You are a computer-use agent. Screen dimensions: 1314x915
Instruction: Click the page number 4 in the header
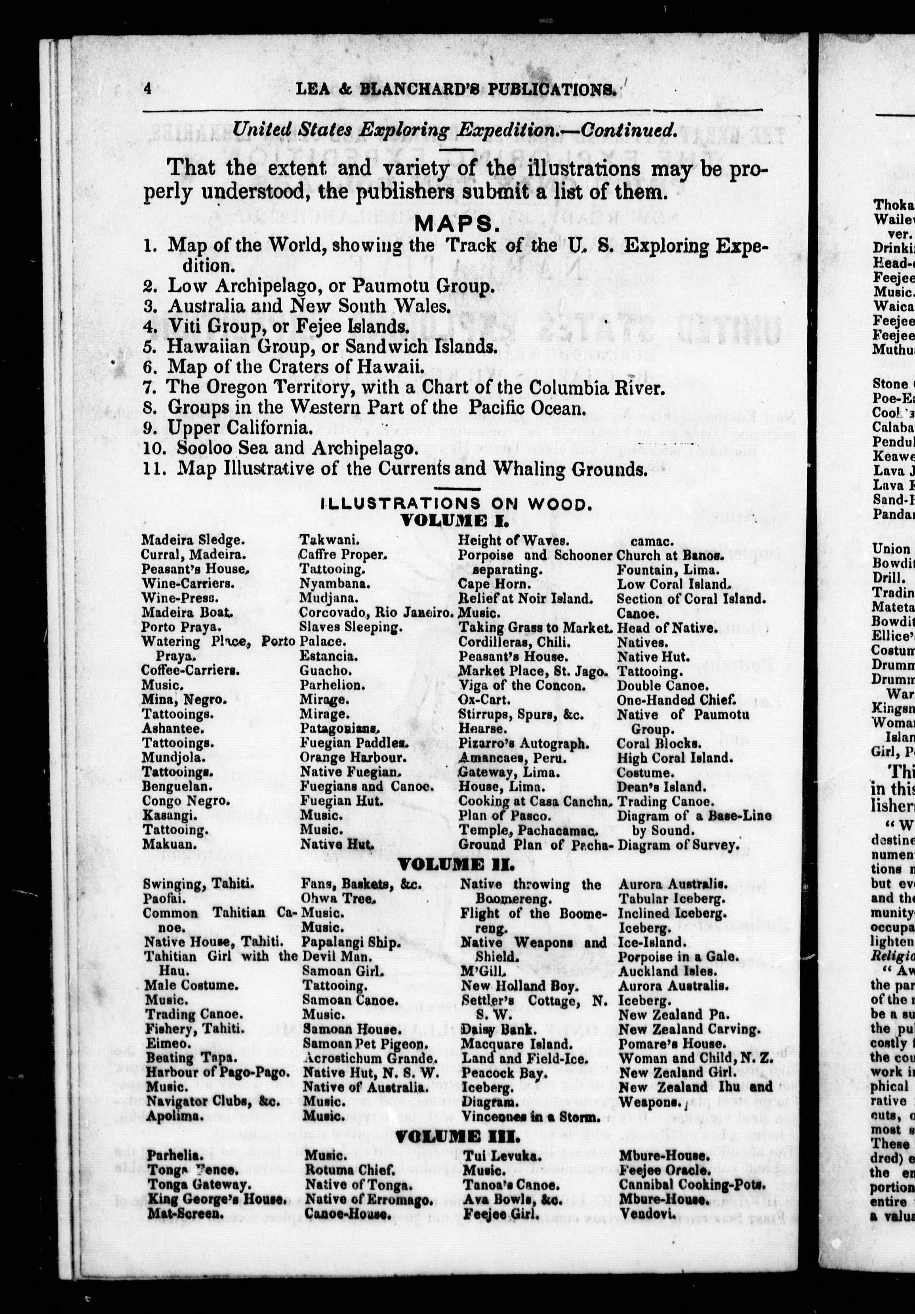coord(148,88)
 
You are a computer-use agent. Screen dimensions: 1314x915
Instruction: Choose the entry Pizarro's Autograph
coord(523,743)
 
